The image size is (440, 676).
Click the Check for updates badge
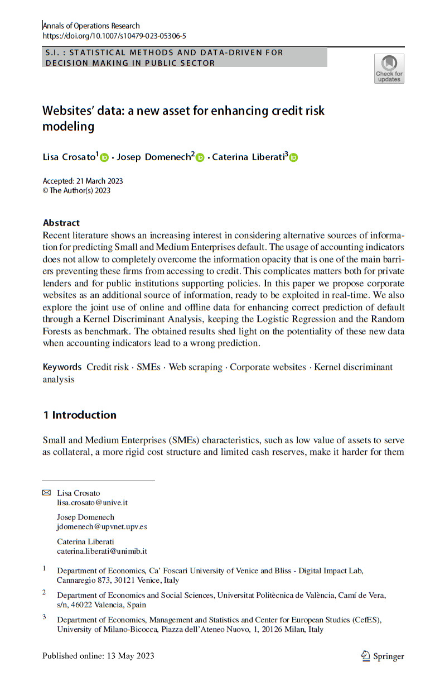coord(389,69)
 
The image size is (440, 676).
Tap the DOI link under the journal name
coord(114,35)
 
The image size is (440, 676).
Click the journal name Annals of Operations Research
coord(91,26)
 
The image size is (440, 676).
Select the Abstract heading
coord(61,223)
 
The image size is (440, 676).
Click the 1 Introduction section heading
coord(80,415)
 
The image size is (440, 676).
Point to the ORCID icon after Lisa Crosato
coord(104,158)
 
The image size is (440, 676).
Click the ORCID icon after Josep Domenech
coord(200,158)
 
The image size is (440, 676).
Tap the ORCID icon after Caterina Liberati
coord(293,158)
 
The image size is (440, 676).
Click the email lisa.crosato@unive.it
coord(92,502)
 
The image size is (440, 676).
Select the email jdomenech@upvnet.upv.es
coord(102,526)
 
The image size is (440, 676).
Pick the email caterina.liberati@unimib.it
coord(102,551)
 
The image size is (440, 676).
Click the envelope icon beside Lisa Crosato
coord(46,492)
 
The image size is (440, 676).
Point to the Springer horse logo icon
coord(365,655)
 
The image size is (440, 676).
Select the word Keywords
coord(62,367)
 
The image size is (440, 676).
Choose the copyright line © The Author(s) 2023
coord(76,190)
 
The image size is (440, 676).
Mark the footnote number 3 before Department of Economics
coord(45,617)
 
